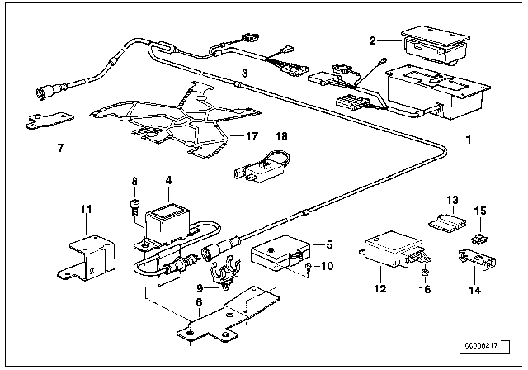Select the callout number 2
coord(372,40)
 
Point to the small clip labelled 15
coord(478,240)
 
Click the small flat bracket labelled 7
coord(38,123)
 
